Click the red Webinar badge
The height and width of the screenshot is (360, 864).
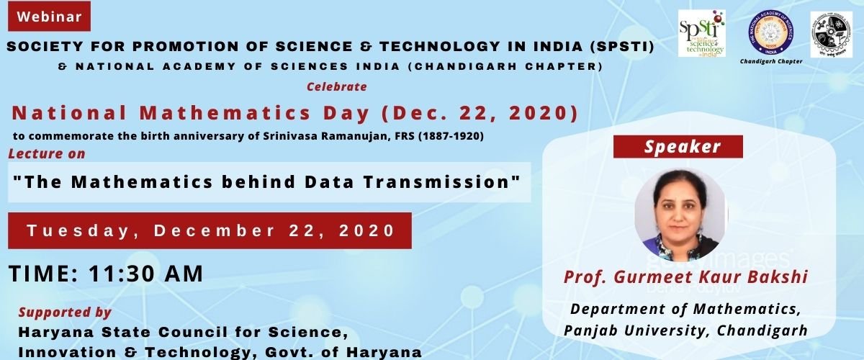pos(49,16)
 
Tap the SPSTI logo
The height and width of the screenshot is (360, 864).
pos(701,34)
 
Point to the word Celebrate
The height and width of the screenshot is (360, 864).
pos(337,86)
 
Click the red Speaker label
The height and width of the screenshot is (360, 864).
pos(678,147)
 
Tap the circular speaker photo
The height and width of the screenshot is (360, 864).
pos(680,214)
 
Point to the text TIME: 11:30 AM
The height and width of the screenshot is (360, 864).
pos(106,274)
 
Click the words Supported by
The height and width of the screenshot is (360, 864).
pos(65,312)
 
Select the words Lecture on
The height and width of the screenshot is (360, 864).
pos(47,153)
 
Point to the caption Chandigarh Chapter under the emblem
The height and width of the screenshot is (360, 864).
pos(771,62)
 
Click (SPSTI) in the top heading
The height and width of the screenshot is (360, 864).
pos(621,48)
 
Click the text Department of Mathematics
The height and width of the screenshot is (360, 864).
pos(685,310)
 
